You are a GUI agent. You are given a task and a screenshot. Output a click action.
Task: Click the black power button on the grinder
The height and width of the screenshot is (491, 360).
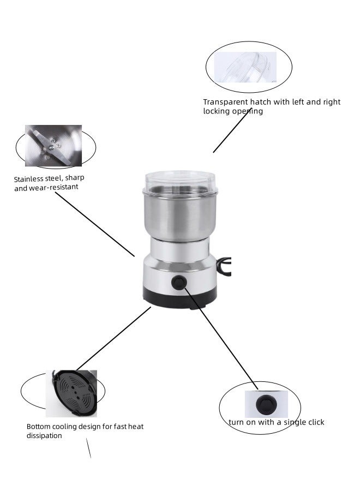tap(178, 283)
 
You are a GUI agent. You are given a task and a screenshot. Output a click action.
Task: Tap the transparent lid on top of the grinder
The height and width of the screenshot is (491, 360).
tap(180, 182)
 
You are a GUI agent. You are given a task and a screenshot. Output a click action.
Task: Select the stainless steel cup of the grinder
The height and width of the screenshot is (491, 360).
tap(180, 215)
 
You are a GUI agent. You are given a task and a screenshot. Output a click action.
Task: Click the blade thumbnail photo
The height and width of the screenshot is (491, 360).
tap(53, 146)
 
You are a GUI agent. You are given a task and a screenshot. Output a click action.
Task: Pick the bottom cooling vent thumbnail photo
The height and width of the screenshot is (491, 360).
tap(71, 393)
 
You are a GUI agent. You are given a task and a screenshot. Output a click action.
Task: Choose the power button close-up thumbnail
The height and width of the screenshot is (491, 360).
tap(266, 404)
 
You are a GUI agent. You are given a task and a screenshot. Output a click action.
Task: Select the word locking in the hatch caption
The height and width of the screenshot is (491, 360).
tap(217, 111)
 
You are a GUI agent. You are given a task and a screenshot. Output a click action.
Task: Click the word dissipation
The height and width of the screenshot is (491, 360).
tap(44, 436)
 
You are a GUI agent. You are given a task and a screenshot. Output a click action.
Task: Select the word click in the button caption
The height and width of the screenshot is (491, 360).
tap(314, 422)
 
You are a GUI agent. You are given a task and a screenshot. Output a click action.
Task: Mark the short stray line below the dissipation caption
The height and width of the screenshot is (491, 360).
tap(88, 448)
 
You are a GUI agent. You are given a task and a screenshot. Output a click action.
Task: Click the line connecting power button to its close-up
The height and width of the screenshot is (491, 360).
tap(221, 338)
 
